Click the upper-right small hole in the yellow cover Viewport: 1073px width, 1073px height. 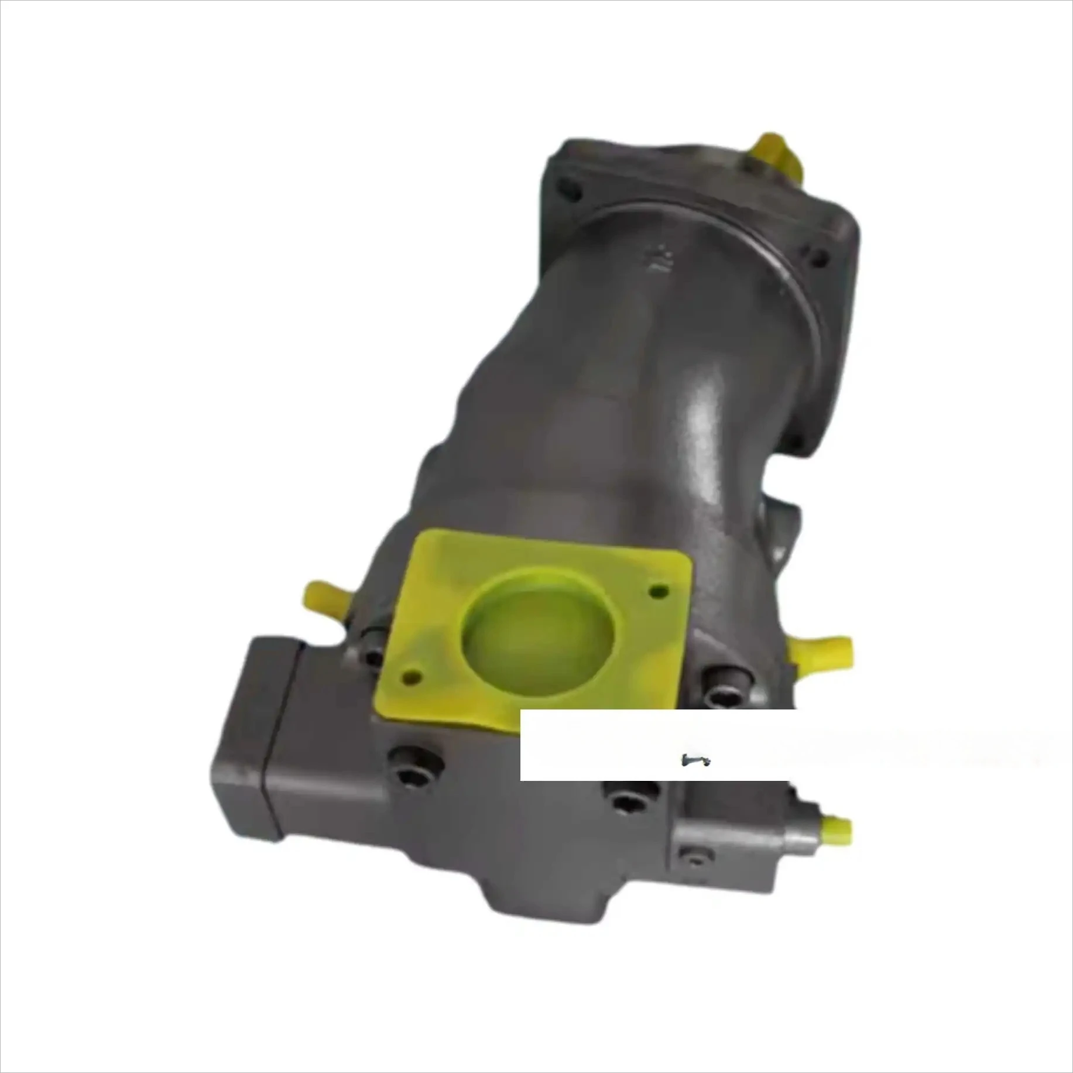659,591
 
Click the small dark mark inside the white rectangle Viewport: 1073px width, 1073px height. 695,760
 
